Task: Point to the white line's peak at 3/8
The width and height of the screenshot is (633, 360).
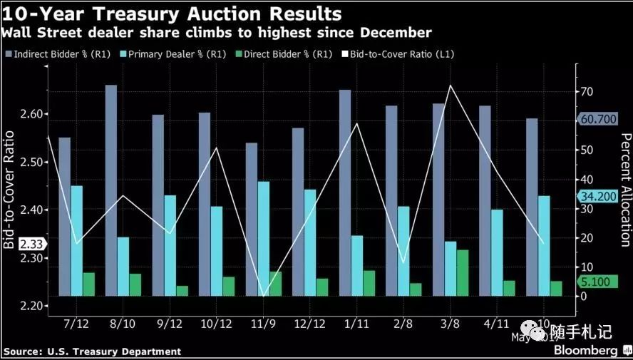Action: tap(450, 86)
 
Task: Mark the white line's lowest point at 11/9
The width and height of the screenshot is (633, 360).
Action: tap(264, 296)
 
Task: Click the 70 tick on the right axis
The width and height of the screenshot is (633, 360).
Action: tap(586, 92)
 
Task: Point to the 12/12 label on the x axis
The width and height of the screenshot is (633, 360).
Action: tap(310, 324)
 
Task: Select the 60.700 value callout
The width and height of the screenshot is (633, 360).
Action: tap(598, 119)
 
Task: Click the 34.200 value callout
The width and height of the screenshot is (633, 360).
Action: tap(598, 196)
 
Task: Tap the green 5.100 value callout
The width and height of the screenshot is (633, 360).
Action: tap(595, 282)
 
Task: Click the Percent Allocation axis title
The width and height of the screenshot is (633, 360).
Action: tap(625, 189)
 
